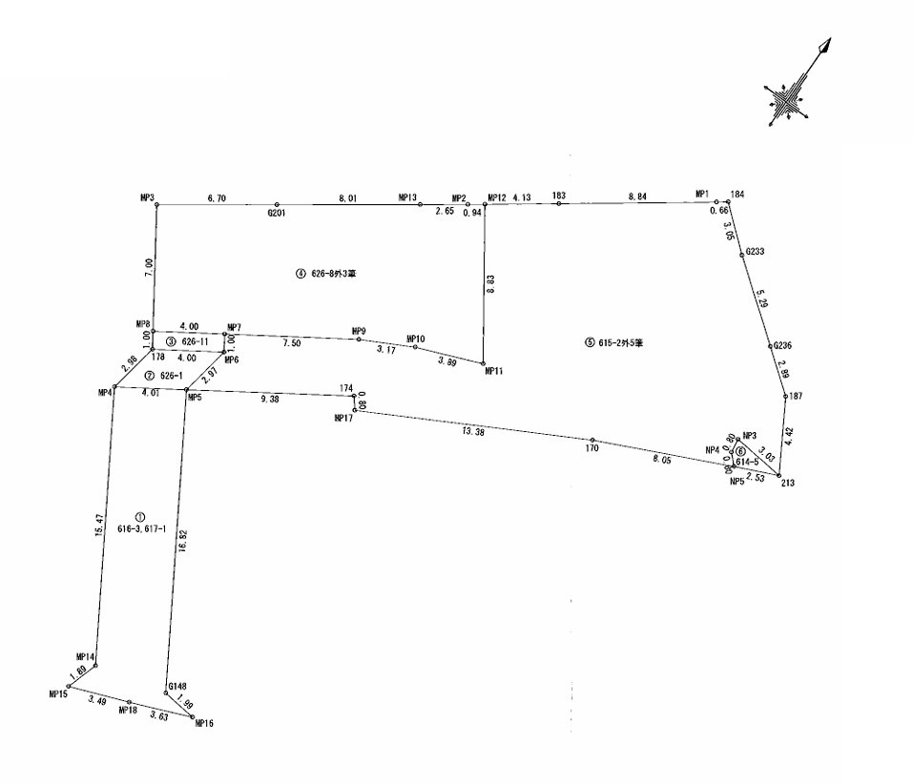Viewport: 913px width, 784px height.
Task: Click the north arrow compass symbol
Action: tap(790, 93)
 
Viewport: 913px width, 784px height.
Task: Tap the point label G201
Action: tap(277, 214)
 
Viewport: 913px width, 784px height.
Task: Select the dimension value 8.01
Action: tap(346, 198)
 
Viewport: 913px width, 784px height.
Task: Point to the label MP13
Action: tap(408, 197)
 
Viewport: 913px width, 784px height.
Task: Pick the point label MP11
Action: tap(493, 371)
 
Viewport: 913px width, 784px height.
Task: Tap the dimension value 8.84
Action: tap(636, 197)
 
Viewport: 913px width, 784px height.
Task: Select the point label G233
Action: tap(756, 251)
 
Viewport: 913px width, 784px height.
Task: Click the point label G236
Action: tap(783, 345)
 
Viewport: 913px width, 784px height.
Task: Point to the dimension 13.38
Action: tap(472, 432)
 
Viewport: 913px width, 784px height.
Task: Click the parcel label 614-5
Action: tap(746, 462)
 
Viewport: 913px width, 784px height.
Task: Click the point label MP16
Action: tap(203, 724)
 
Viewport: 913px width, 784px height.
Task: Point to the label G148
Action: tap(177, 686)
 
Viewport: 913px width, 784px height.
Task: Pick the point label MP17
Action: tap(343, 418)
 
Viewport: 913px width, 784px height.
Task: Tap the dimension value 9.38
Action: tap(269, 401)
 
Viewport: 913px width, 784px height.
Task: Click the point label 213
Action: tap(787, 483)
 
